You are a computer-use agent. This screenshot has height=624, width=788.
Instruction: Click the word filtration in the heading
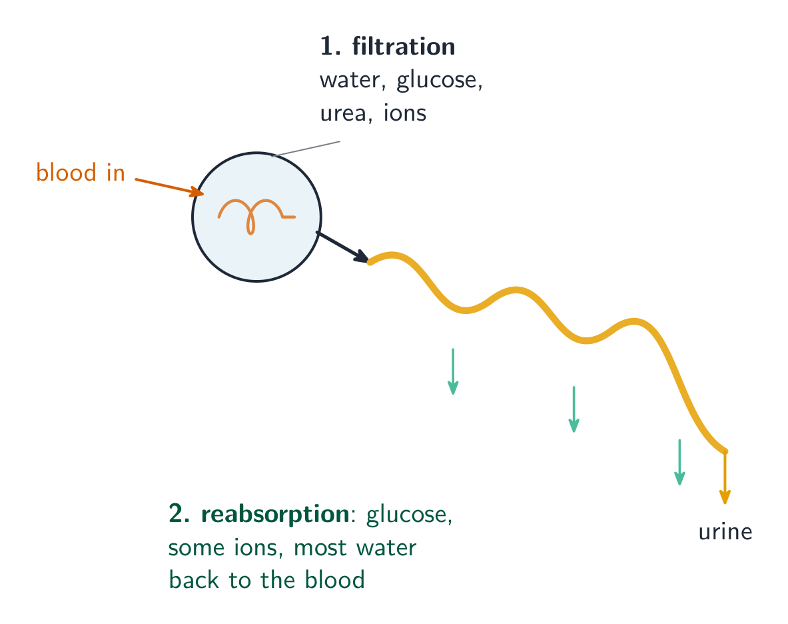(404, 46)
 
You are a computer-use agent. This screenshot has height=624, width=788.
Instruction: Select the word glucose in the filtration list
(439, 81)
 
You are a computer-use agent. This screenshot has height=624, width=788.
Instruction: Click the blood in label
(81, 173)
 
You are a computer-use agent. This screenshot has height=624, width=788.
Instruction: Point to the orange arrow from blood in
(169, 187)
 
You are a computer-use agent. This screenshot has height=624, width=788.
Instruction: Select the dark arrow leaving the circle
(343, 247)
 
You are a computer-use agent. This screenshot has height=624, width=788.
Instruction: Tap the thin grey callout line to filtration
(306, 149)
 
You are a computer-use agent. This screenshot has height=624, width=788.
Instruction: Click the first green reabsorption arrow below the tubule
(453, 371)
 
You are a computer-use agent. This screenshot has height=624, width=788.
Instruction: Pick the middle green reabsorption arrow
(574, 409)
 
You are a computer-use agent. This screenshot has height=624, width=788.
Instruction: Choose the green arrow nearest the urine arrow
(679, 461)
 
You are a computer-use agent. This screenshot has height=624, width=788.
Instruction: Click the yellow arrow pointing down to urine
(725, 477)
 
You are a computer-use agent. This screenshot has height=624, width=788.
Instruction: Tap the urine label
(725, 531)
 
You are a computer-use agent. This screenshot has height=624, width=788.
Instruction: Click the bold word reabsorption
(275, 515)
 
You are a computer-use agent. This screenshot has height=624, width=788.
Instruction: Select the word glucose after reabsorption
(409, 515)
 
